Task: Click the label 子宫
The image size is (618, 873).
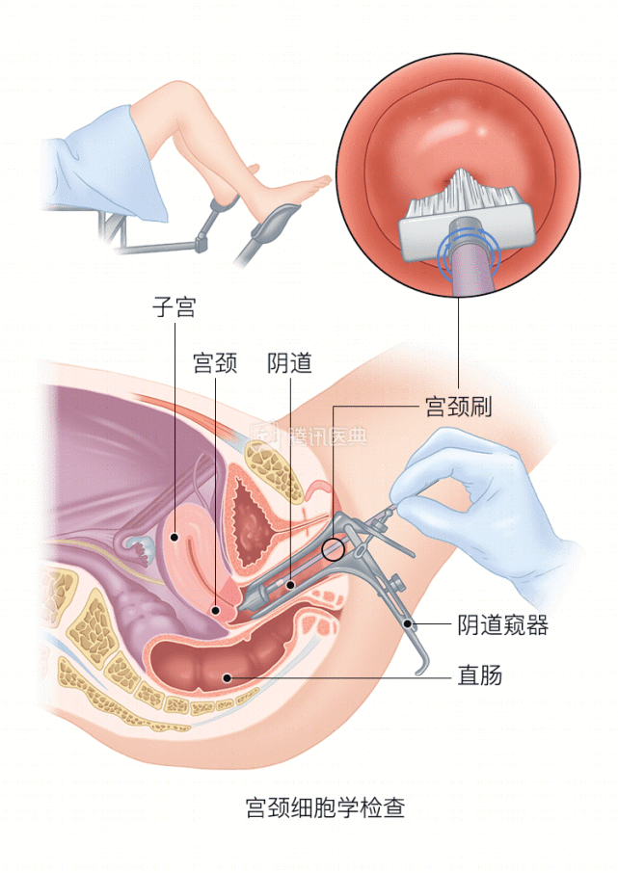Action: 175,306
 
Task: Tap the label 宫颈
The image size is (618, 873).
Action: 215,362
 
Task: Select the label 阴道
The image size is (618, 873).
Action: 289,362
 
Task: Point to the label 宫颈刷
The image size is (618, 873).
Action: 458,407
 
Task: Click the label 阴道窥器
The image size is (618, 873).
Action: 502,624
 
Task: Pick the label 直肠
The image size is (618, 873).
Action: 480,675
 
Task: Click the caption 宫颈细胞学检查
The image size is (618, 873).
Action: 326,807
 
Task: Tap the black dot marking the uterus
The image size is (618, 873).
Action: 175,538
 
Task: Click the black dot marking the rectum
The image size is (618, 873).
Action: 227,677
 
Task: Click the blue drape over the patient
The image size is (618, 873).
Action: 106,167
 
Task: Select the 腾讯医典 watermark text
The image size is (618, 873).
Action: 328,436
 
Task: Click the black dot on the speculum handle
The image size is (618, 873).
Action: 408,623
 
